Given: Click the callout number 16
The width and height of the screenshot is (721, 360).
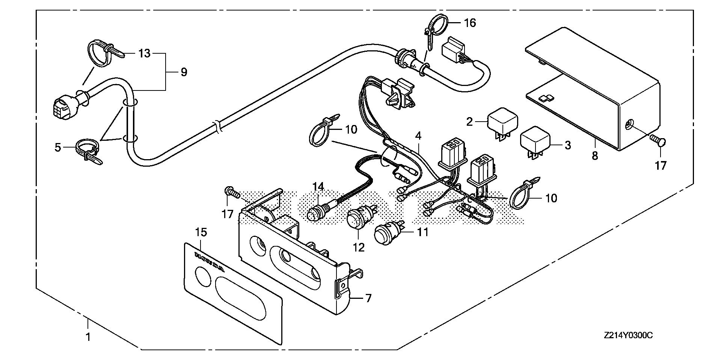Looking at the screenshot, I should click(x=470, y=23).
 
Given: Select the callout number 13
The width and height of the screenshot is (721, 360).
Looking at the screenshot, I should click(x=144, y=54).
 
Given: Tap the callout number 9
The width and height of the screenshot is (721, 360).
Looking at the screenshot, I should click(x=184, y=72).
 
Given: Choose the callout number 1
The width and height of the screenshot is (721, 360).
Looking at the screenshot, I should click(x=88, y=337).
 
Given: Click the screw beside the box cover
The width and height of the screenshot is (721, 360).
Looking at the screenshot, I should click(x=657, y=142).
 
